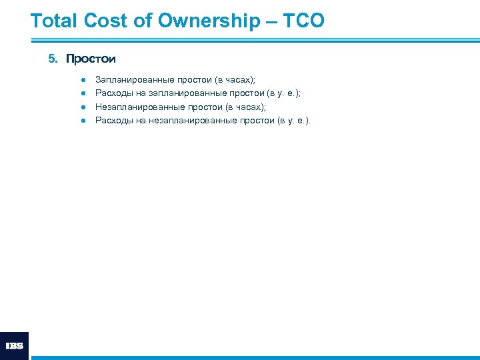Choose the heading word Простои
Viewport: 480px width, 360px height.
point(91,59)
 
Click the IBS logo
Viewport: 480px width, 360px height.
point(14,346)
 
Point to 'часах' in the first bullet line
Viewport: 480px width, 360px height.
point(237,79)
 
